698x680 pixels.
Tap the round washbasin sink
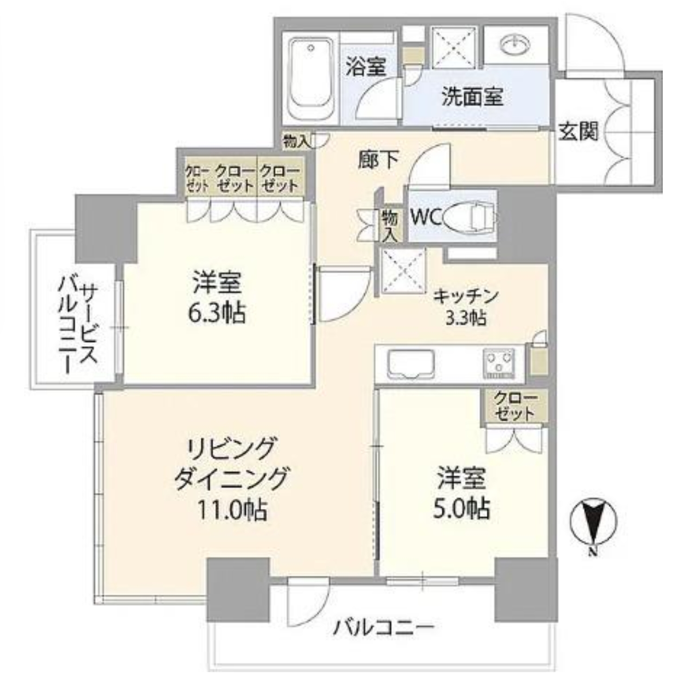click(515, 45)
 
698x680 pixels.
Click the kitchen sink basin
click(411, 363)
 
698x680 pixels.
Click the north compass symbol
click(594, 522)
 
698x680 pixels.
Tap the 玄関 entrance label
click(578, 131)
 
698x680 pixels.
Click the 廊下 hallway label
click(378, 160)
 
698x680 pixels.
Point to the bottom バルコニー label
click(384, 629)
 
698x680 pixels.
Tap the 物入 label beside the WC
click(390, 225)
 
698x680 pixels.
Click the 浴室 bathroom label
click(366, 67)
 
